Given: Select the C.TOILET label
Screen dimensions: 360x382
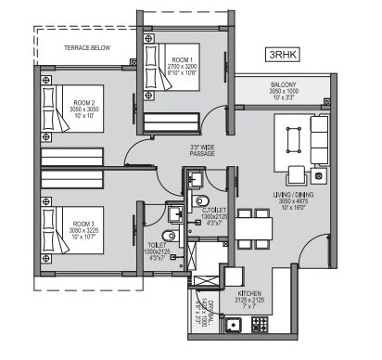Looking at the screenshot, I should (x=214, y=215).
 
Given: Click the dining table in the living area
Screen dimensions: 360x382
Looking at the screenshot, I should (x=248, y=225).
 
